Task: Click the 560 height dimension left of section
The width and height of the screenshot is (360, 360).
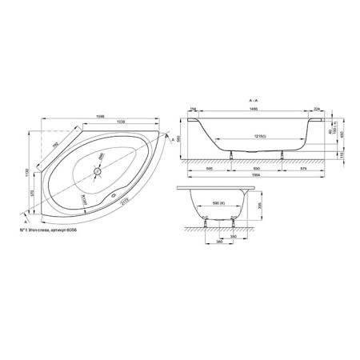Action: (181, 136)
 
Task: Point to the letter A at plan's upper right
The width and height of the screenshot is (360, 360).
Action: (172, 138)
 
